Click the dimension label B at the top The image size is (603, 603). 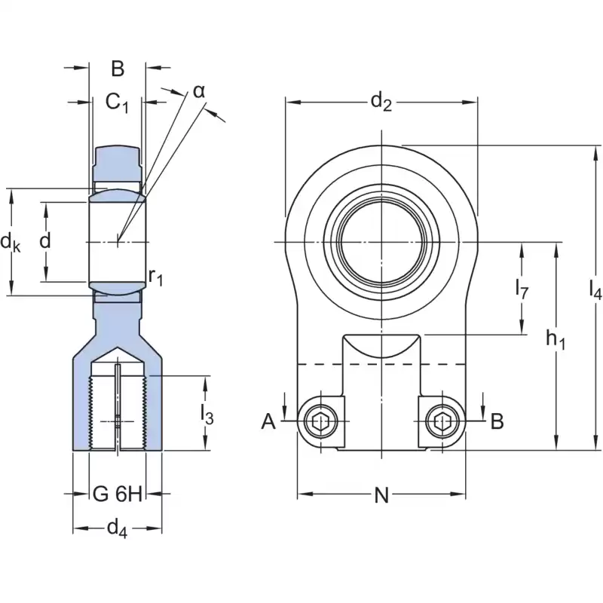(x=118, y=69)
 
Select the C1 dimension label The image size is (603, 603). (x=117, y=102)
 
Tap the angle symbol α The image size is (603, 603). (x=198, y=91)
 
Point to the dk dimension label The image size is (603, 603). (x=10, y=243)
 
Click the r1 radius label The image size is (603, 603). (x=156, y=277)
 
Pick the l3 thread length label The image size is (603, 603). (x=206, y=414)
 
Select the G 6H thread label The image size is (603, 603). (x=118, y=494)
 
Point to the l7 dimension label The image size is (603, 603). (x=522, y=287)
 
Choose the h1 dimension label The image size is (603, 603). (x=556, y=341)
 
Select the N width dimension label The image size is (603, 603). (x=381, y=495)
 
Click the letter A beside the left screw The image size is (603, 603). (x=268, y=421)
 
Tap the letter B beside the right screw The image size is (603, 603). (x=497, y=421)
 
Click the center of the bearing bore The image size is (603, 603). (x=382, y=241)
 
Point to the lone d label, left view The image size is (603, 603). (x=46, y=241)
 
